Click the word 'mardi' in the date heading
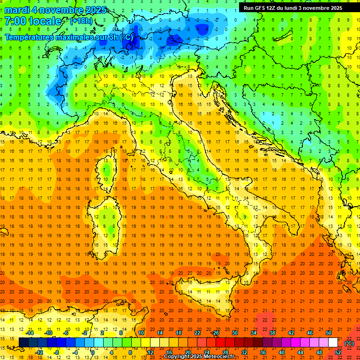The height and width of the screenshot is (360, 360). tap(16, 10)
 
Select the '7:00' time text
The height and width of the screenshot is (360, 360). tap(14, 21)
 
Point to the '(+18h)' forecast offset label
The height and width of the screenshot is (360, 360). tap(81, 21)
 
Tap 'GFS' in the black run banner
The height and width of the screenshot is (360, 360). tap(262, 8)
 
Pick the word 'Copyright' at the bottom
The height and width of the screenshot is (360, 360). tap(176, 357)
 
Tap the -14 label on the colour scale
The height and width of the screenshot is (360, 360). tap(30, 333)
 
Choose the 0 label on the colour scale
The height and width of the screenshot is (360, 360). tap(93, 352)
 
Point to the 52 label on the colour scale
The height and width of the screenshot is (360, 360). tap(338, 352)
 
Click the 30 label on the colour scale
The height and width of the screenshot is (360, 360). tap(235, 333)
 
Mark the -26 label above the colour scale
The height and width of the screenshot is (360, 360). tap(215, 333)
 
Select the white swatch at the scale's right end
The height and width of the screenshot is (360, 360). tap(333, 343)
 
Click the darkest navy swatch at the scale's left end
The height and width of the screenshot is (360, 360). tap(23, 343)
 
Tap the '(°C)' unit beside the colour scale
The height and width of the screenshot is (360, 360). tap(349, 343)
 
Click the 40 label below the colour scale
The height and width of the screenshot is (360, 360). tap(281, 352)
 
